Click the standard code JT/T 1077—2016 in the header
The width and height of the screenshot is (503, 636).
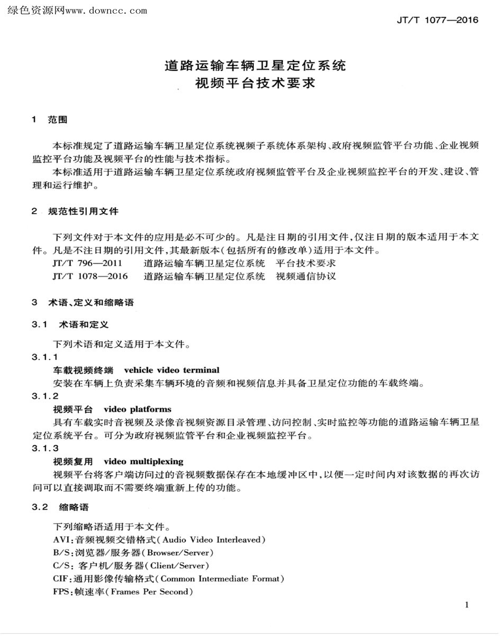pyautogui.click(x=437, y=21)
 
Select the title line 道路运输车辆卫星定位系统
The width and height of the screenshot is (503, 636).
pyautogui.click(x=255, y=66)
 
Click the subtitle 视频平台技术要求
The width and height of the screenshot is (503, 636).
pyautogui.click(x=255, y=84)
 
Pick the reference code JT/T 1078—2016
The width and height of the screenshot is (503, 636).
pyautogui.click(x=91, y=276)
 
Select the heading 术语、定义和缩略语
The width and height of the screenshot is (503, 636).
pyautogui.click(x=91, y=303)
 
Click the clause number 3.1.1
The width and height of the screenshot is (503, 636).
pyautogui.click(x=45, y=358)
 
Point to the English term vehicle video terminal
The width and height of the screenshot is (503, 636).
pyautogui.click(x=172, y=370)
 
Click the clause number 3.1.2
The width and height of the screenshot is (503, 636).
pyautogui.click(x=45, y=396)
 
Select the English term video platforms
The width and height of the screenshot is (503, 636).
pyautogui.click(x=138, y=409)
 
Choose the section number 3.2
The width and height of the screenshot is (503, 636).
pyautogui.click(x=40, y=507)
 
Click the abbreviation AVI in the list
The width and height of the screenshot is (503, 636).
pyautogui.click(x=61, y=540)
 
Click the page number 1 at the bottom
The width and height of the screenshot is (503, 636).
pyautogui.click(x=466, y=605)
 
